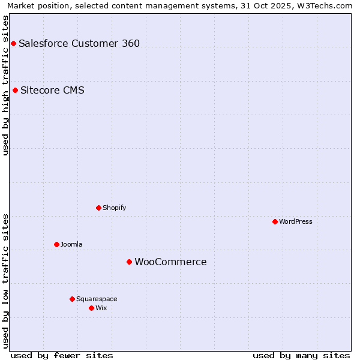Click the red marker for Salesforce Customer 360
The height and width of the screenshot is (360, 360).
pyautogui.click(x=13, y=43)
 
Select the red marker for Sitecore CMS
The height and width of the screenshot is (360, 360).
pyautogui.click(x=16, y=91)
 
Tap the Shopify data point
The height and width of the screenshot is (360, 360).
pyautogui.click(x=99, y=208)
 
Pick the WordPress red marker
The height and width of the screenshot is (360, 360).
pyautogui.click(x=275, y=221)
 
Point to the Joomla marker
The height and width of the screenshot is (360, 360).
pyautogui.click(x=57, y=244)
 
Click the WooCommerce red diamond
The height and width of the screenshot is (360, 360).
pyautogui.click(x=129, y=262)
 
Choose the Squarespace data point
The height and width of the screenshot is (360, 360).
pyautogui.click(x=72, y=299)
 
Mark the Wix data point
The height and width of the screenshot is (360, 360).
pyautogui.click(x=91, y=308)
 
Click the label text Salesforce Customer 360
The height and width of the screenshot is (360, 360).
pyautogui.click(x=79, y=43)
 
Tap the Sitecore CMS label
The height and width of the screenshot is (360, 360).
pyautogui.click(x=52, y=91)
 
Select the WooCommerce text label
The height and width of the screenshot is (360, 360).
pyautogui.click(x=170, y=262)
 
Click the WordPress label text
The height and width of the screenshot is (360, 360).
pyautogui.click(x=296, y=221)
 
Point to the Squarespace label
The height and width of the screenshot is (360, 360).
pyautogui.click(x=97, y=299)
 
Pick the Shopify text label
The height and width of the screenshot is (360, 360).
pyautogui.click(x=114, y=208)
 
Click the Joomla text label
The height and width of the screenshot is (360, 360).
pyautogui.click(x=71, y=244)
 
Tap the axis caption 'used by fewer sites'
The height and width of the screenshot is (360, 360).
pyautogui.click(x=62, y=355)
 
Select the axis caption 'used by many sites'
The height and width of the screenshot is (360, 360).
pyautogui.click(x=301, y=355)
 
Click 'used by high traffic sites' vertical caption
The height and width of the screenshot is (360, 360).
pyautogui.click(x=5, y=85)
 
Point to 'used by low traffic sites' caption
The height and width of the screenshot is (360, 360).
pyautogui.click(x=5, y=280)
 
